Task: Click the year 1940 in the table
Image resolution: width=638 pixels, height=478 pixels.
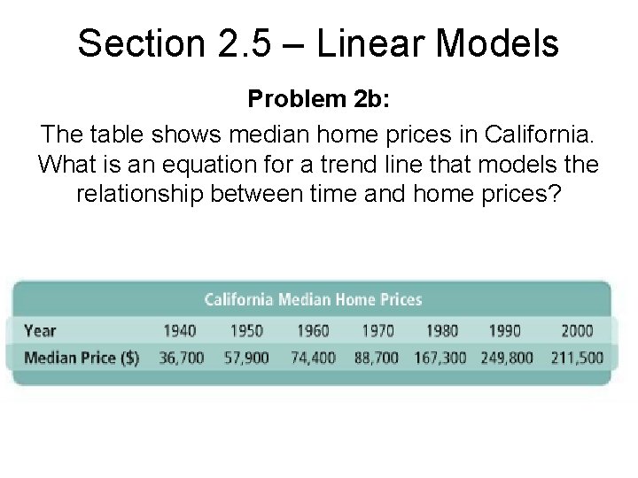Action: (x=179, y=330)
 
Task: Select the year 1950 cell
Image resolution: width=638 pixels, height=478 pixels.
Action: (x=246, y=330)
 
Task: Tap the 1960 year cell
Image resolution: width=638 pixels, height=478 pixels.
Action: (x=312, y=330)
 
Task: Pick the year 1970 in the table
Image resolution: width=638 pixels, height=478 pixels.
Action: (x=377, y=330)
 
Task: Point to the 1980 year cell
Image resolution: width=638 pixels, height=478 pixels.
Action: (x=441, y=330)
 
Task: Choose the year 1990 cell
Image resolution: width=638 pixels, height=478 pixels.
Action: (x=505, y=330)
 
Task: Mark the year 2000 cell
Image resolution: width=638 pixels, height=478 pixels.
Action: (x=577, y=330)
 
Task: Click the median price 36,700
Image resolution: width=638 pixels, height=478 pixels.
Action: (x=183, y=358)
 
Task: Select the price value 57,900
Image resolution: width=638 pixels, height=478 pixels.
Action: (x=247, y=358)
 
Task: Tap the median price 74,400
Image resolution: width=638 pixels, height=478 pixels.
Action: (x=313, y=358)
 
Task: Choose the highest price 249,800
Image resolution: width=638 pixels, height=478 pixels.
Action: (x=507, y=358)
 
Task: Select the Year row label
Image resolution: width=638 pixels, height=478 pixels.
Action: (x=40, y=330)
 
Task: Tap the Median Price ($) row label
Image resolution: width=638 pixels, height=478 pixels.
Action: (x=82, y=358)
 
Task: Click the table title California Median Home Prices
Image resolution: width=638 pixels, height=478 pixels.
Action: (x=313, y=299)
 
